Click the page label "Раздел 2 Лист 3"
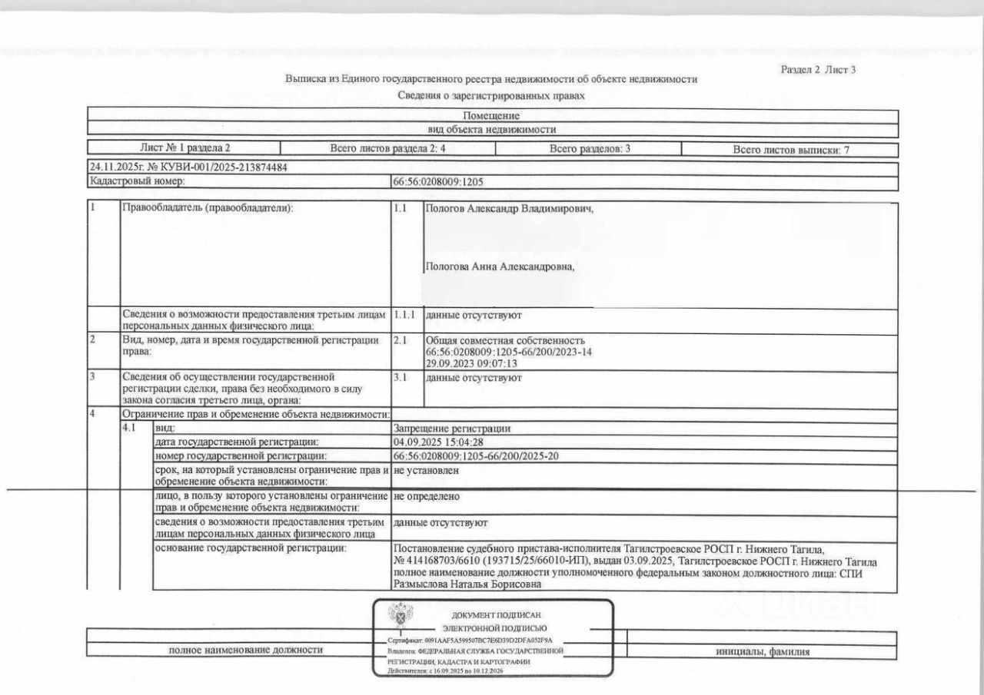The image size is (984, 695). [818, 70]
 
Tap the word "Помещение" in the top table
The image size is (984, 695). [491, 115]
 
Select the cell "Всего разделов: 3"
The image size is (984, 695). [590, 149]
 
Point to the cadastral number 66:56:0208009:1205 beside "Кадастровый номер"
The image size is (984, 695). [438, 182]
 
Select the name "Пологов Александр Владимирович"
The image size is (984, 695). [509, 208]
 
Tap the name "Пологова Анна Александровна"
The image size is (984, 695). [500, 266]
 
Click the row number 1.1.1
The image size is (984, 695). [404, 315]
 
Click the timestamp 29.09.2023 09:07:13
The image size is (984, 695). [471, 363]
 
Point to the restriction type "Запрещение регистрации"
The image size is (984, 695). [452, 429]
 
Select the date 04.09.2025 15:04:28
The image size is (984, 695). [437, 442]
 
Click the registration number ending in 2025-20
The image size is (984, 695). [475, 457]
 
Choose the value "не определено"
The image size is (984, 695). [426, 498]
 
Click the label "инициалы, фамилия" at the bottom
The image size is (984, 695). [761, 652]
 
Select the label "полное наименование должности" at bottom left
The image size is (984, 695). [245, 650]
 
